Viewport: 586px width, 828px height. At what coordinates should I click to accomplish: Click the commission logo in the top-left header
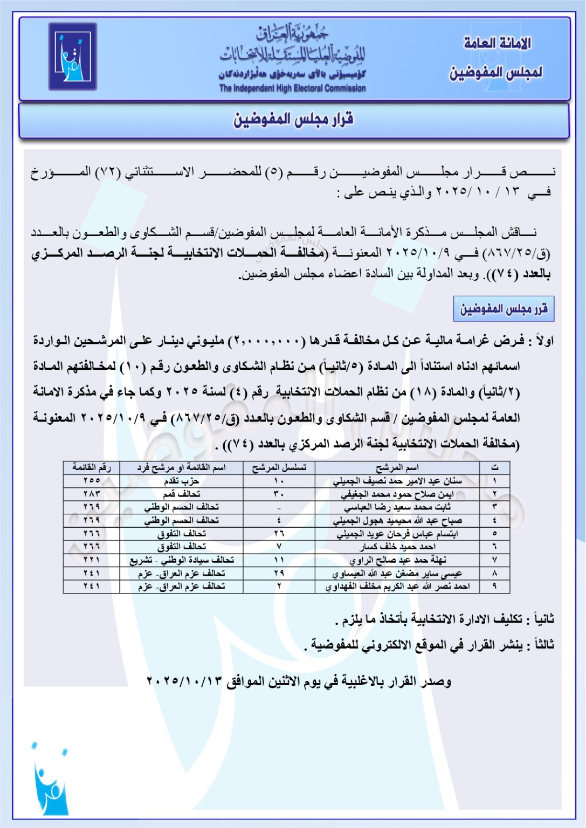point(72,57)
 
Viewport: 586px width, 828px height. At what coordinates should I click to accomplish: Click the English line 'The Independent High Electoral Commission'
point(292,88)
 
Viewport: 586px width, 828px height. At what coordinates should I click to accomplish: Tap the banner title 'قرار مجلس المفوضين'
point(293,120)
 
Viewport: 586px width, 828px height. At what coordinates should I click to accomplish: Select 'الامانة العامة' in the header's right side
point(497,44)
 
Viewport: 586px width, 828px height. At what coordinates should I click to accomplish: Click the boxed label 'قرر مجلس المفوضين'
point(504,309)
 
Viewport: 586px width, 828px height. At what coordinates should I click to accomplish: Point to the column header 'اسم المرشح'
point(397,467)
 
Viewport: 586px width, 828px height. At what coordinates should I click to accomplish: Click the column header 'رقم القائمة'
point(92,467)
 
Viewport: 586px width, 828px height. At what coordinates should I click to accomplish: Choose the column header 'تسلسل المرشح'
point(279,467)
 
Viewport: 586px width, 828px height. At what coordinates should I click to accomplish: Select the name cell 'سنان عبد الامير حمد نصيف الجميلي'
point(397,481)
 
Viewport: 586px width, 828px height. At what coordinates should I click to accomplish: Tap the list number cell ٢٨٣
point(92,494)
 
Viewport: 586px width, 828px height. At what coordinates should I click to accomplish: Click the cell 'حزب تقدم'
point(181,481)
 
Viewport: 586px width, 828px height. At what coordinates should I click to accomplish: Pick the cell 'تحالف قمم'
point(181,494)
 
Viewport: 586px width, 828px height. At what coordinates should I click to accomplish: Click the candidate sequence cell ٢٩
point(279,573)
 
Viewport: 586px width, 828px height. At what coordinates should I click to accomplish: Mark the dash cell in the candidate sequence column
point(279,507)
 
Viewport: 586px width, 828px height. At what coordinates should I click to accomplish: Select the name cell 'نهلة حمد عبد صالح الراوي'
point(397,560)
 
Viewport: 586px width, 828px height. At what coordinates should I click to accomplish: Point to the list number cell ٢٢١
point(92,560)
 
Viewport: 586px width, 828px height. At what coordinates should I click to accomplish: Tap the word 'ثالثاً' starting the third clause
point(543,645)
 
